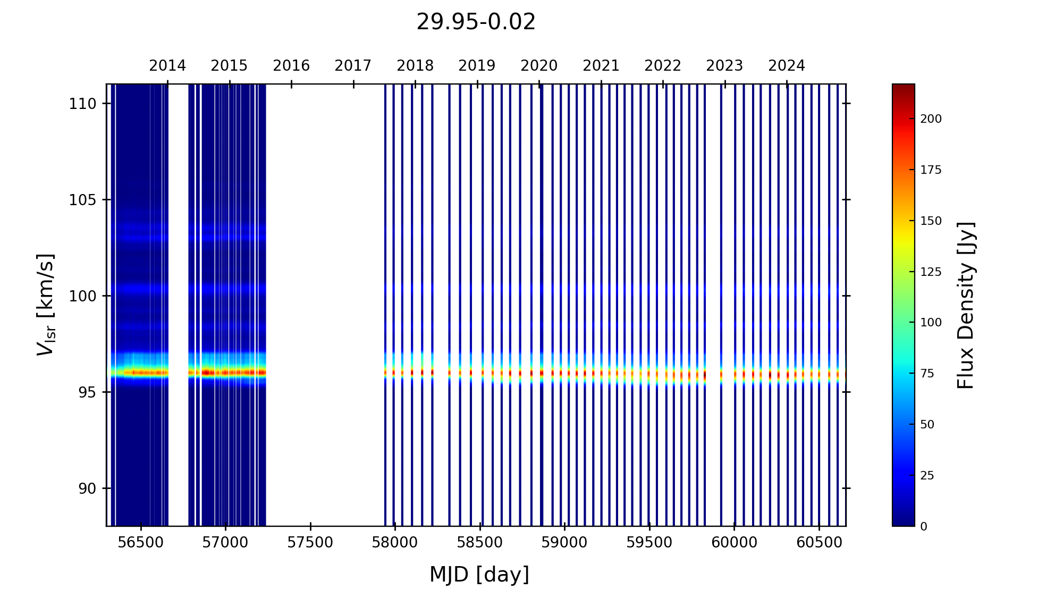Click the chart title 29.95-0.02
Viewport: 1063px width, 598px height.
(x=476, y=22)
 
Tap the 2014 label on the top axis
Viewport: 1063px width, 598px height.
(x=167, y=66)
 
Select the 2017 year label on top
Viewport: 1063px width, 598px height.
(x=353, y=66)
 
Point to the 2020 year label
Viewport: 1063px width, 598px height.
(x=539, y=66)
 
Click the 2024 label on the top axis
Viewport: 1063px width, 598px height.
(x=787, y=66)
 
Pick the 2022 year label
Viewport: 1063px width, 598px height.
(x=663, y=66)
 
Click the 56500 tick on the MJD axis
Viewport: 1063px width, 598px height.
(x=141, y=543)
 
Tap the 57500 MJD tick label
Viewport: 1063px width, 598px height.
(x=310, y=543)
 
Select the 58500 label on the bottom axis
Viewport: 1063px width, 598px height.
(x=480, y=543)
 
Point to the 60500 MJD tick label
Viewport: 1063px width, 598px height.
(x=819, y=543)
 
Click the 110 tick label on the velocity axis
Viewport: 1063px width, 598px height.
(x=82, y=104)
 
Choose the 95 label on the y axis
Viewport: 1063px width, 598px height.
(x=88, y=392)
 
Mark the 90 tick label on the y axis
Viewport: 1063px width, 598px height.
(x=88, y=488)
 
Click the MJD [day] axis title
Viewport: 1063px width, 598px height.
(x=479, y=575)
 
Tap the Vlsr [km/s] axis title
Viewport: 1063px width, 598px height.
(x=45, y=305)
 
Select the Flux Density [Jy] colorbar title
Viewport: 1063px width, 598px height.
(x=965, y=305)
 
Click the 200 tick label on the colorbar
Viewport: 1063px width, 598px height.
(x=931, y=119)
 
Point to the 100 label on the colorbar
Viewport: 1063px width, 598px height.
(x=931, y=323)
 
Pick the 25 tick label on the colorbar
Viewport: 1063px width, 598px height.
(x=927, y=476)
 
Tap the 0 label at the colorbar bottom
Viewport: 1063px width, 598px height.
(x=924, y=527)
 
